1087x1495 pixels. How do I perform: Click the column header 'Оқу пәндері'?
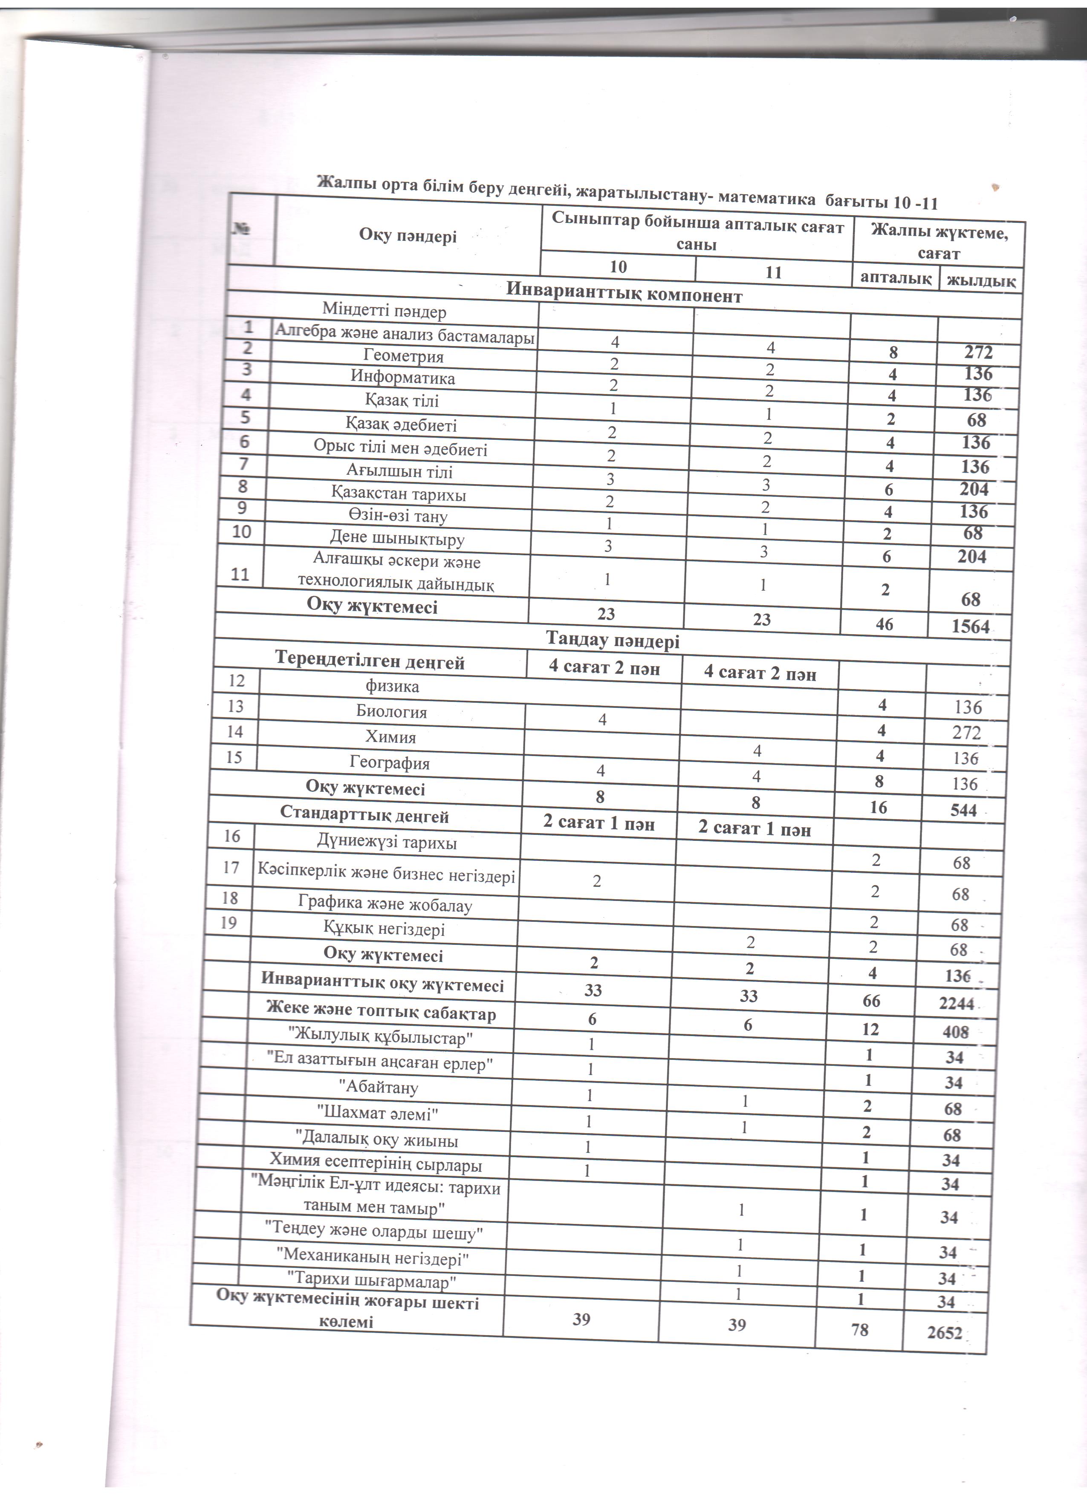(x=408, y=235)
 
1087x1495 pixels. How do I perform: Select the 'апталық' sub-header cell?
(x=895, y=277)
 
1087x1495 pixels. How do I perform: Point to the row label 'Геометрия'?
(x=403, y=356)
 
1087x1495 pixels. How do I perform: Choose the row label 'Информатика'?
(x=403, y=378)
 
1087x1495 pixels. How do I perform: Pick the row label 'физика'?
(x=392, y=686)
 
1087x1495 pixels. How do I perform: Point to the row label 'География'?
(x=389, y=763)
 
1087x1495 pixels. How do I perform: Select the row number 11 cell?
(x=240, y=574)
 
